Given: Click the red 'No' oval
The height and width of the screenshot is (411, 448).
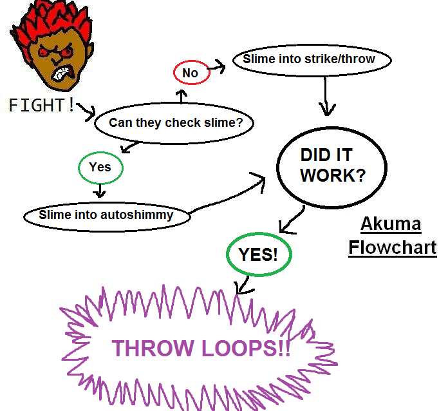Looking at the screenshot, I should coord(190,73).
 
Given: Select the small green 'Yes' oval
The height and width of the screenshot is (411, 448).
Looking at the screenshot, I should coord(100,167).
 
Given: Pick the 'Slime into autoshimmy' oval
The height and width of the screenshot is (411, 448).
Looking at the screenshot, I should coord(107,215).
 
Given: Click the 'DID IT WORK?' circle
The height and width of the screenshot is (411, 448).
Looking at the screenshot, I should coord(332,166).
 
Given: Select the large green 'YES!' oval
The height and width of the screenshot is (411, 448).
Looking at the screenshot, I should coord(259,254).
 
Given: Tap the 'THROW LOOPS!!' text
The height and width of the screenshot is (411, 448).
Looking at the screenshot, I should coord(201,349).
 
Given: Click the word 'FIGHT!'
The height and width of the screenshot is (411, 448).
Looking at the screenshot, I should coord(42,105).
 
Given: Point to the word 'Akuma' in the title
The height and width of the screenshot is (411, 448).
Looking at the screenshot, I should coord(391,224).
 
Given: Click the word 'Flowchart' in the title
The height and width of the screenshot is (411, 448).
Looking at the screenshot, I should coord(392,247).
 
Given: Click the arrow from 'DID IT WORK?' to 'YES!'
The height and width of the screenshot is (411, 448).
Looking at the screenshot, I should coord(293,218).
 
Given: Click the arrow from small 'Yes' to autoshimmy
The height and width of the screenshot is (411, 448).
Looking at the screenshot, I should coord(99,189).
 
